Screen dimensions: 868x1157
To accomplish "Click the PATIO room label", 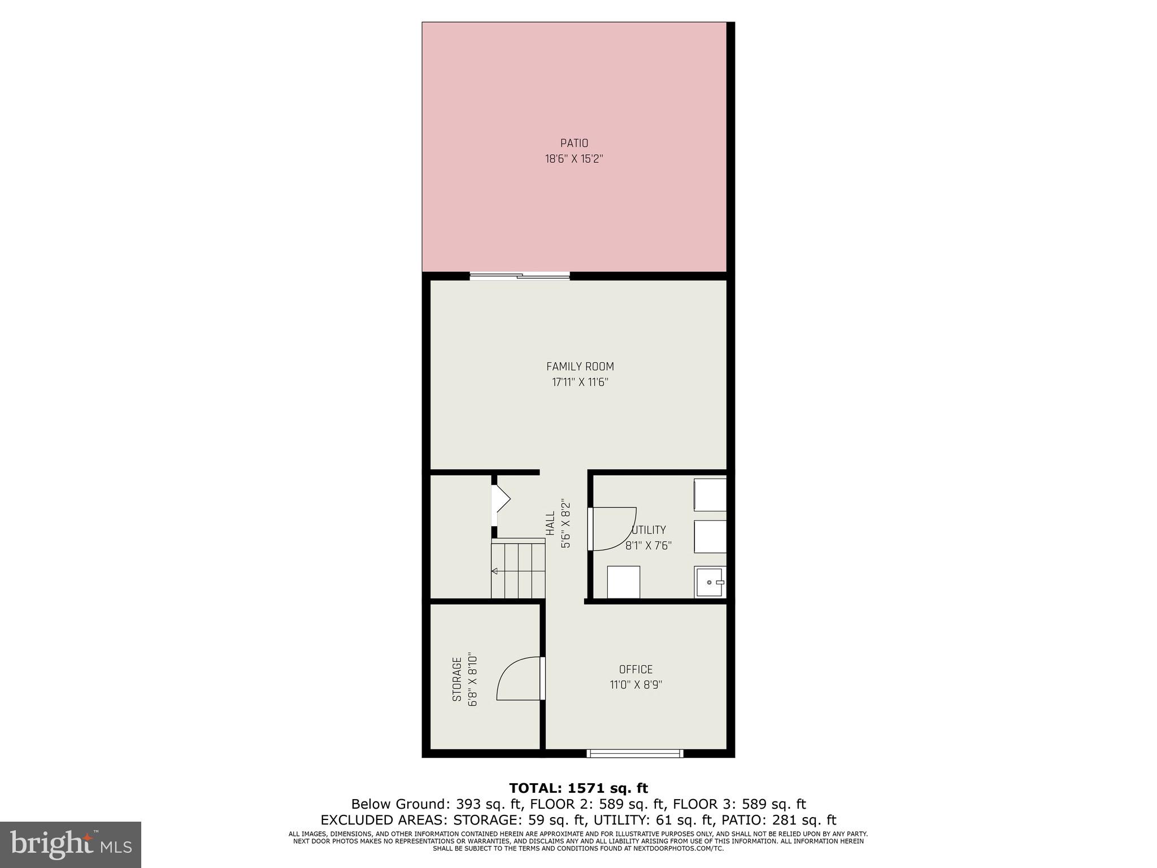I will point(574,144).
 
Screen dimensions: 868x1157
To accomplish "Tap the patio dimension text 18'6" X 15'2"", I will point(574,159).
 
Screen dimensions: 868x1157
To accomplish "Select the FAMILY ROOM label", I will point(580,367).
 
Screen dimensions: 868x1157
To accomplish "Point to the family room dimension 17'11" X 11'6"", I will point(580,382).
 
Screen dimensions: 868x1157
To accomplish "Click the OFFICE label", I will point(636,670).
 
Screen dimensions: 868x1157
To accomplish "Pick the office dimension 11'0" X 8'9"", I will point(636,685).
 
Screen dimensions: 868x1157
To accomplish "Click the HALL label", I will point(550,523).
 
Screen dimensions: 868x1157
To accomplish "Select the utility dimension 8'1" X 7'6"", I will point(649,546).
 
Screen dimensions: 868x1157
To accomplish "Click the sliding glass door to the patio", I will point(520,276).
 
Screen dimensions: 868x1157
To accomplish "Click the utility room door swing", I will point(612,529).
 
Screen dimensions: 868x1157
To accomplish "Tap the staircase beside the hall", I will point(517,568).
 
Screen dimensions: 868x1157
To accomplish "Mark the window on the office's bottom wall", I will point(635,753).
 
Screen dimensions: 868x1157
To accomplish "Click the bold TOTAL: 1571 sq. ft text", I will point(578,788).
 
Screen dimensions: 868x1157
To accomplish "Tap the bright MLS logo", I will point(71,845).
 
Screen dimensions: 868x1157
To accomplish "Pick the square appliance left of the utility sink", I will point(624,581).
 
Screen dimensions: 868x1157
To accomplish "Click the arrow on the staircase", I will point(495,571).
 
